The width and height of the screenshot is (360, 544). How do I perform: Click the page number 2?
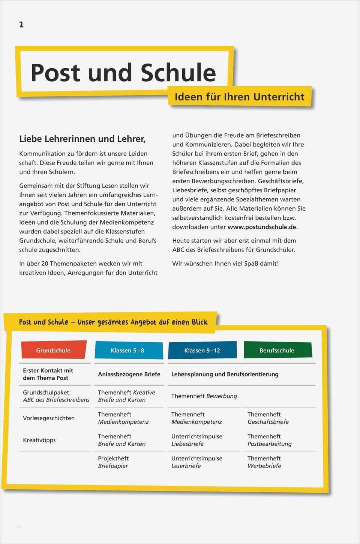21,25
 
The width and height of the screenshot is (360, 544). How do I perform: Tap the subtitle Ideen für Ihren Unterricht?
239,97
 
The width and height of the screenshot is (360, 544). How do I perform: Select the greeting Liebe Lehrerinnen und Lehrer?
82,139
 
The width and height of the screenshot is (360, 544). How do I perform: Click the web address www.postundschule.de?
262,227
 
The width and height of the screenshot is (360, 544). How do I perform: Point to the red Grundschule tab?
53,350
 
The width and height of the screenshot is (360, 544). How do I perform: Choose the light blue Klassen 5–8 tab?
127,350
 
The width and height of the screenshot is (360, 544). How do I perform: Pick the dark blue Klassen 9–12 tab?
202,350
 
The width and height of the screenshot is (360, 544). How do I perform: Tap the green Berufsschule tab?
277,350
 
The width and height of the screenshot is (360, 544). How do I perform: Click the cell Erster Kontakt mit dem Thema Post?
48,374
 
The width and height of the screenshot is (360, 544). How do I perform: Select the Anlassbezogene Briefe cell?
129,374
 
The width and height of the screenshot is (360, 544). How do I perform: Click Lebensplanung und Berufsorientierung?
225,374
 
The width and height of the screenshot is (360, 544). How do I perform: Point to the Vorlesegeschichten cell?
49,418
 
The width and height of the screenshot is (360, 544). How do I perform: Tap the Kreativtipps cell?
39,440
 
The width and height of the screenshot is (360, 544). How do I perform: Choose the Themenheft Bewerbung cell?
204,396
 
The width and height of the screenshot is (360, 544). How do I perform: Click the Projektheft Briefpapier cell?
113,462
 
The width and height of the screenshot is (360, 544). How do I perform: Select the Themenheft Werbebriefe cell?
264,462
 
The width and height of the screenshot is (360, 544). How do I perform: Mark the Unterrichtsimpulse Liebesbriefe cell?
197,440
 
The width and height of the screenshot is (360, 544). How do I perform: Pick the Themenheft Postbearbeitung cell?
270,440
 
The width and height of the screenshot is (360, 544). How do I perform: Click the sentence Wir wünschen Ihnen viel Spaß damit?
225,264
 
